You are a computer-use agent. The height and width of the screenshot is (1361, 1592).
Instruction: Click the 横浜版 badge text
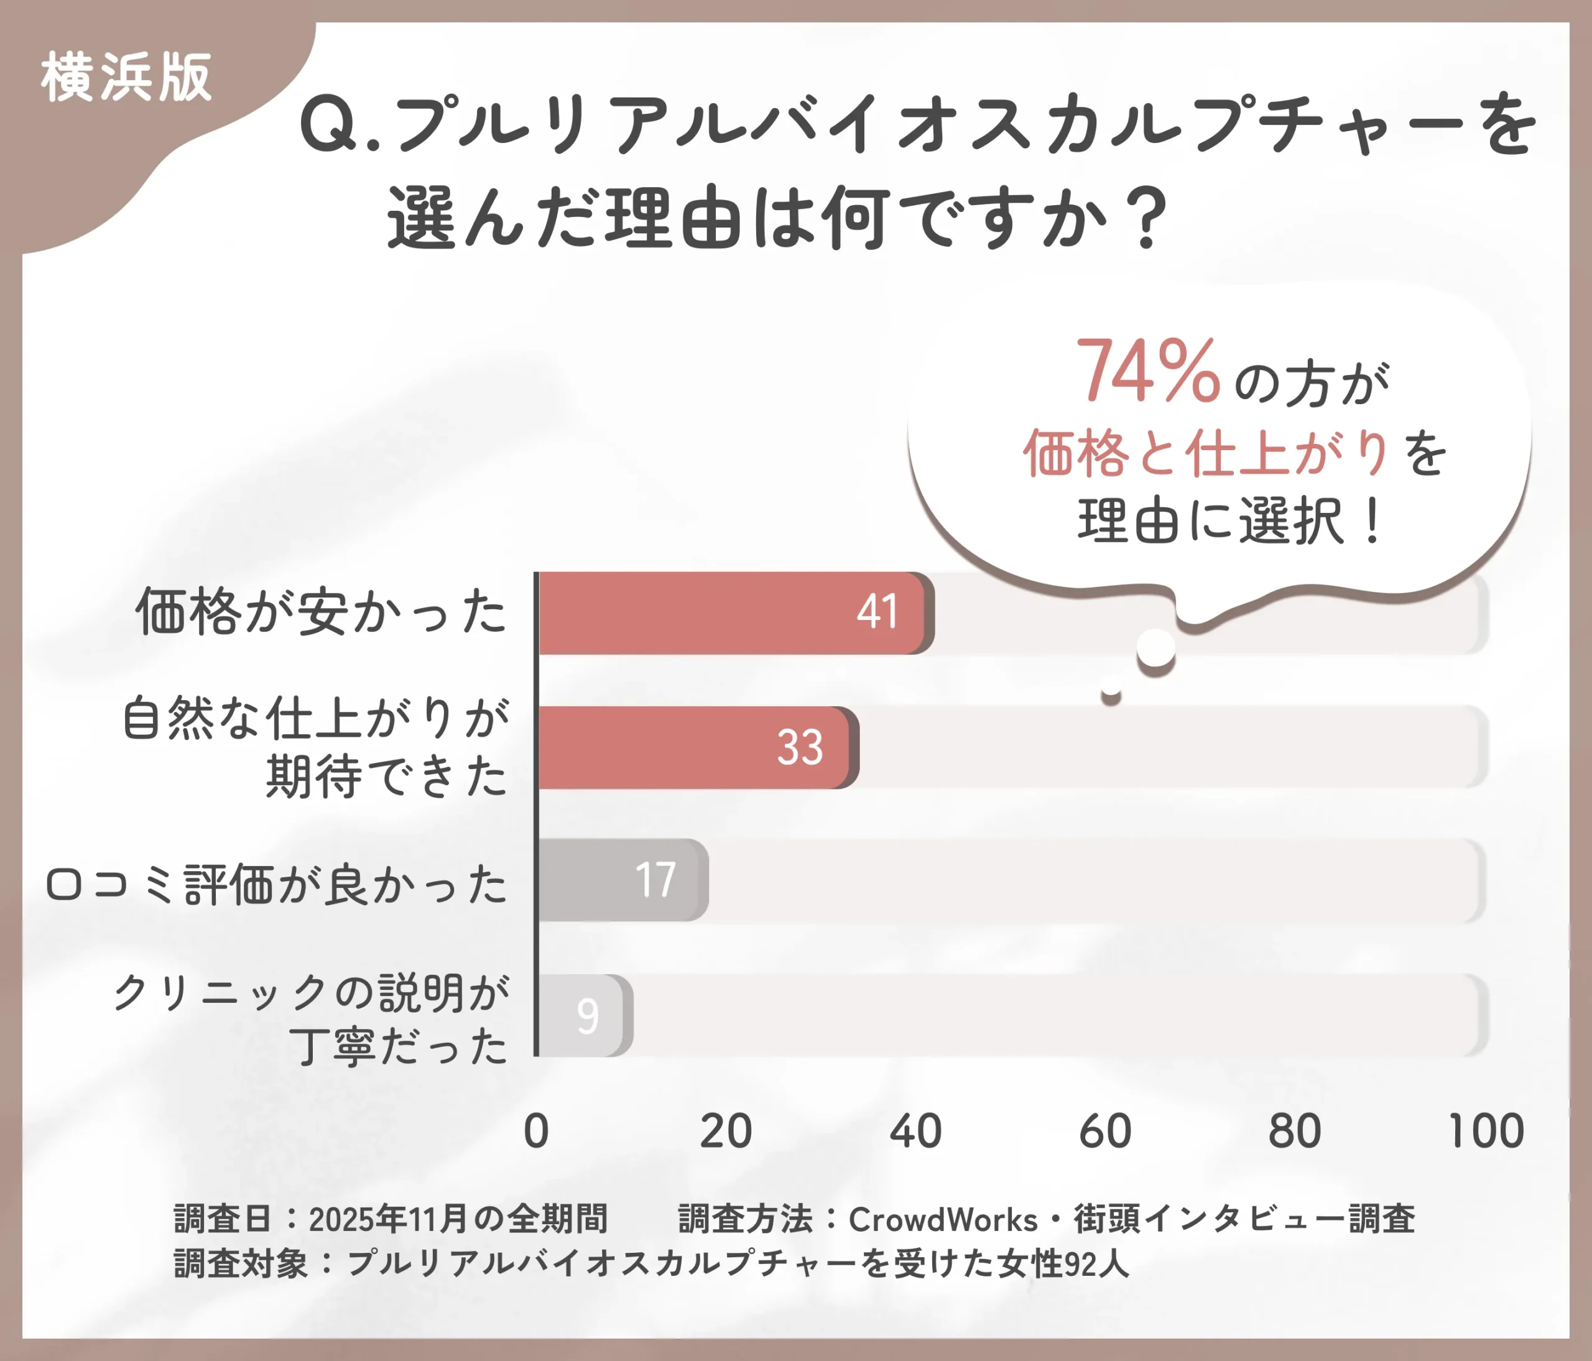pos(126,78)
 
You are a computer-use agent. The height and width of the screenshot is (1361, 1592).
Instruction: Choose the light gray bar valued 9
pos(584,1015)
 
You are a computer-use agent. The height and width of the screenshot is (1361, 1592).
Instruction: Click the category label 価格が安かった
pos(321,612)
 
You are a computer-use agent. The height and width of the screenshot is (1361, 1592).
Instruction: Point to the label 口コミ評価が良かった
pos(277,884)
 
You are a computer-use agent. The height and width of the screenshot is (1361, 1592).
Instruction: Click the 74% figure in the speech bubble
pos(1147,372)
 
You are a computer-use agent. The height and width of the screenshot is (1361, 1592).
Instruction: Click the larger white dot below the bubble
pos(1155,649)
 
